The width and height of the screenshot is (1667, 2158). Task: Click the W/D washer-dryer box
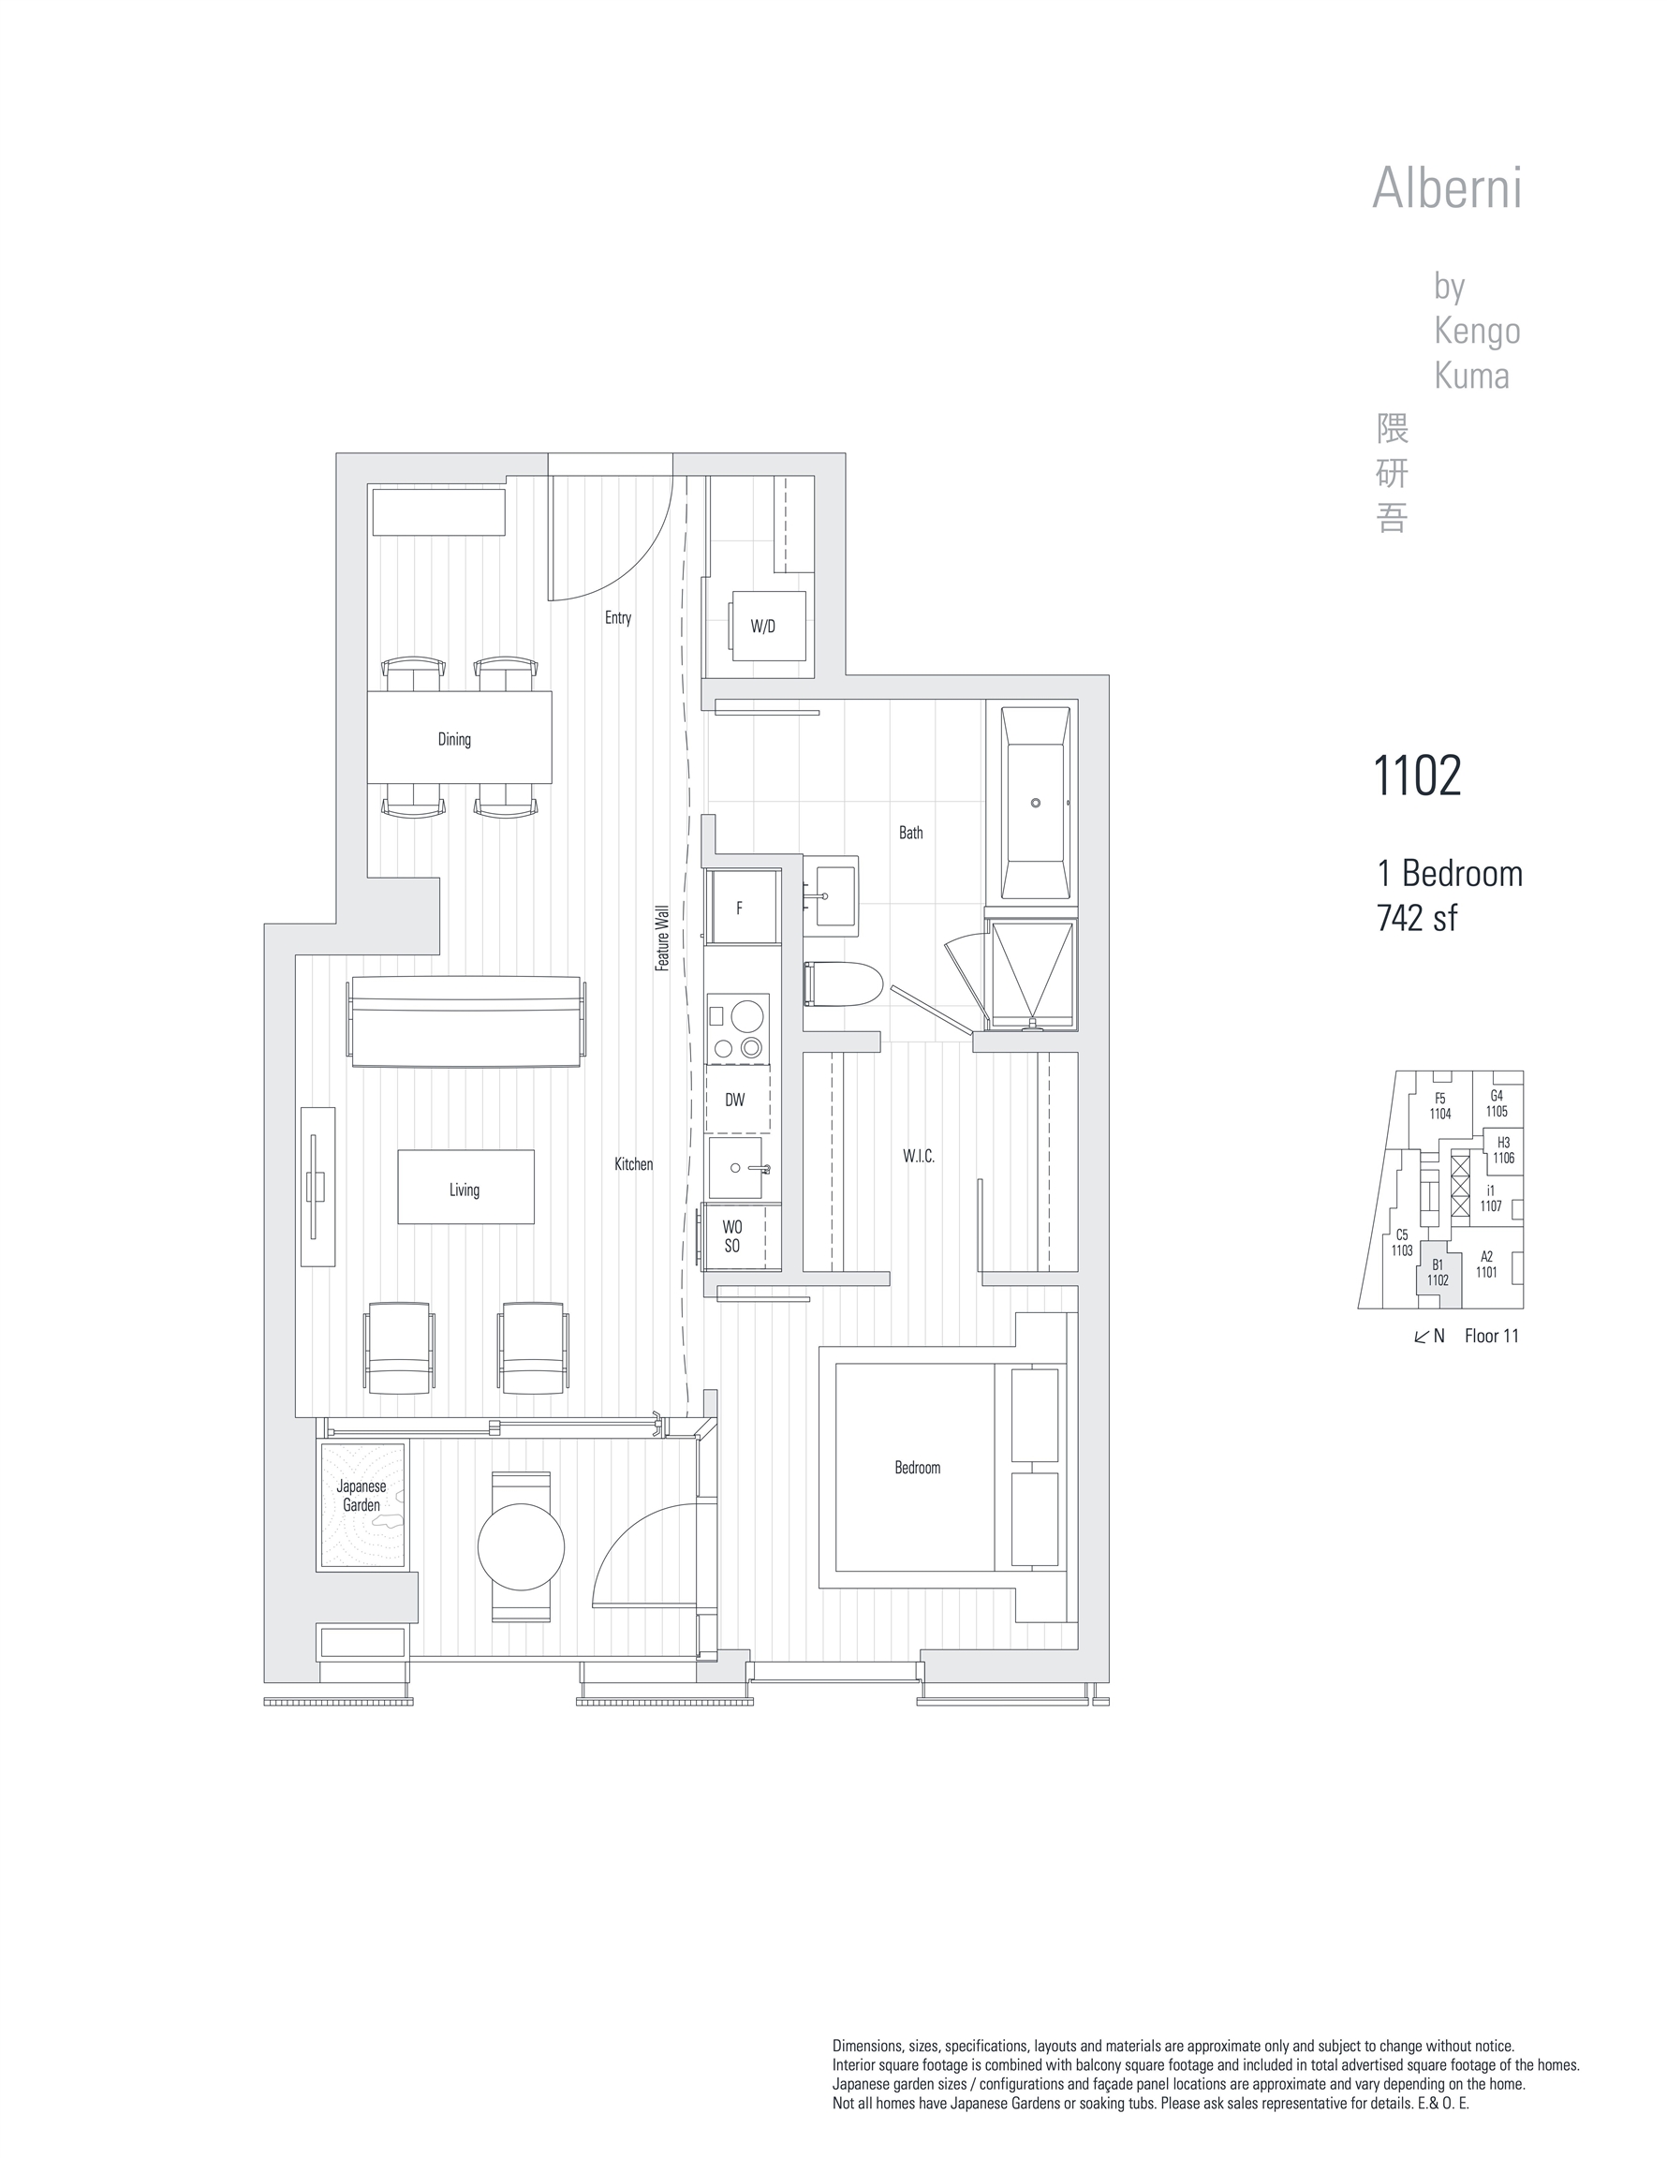[x=767, y=626]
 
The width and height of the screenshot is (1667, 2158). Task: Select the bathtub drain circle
[x=1036, y=804]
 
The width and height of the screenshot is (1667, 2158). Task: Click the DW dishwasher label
[x=735, y=1100]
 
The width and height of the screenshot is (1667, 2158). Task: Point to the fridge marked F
[x=740, y=908]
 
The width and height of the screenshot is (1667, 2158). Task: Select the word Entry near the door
[x=617, y=617]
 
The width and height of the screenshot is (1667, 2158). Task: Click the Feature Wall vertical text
[x=663, y=938]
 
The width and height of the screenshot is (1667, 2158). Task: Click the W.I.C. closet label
[x=918, y=1156]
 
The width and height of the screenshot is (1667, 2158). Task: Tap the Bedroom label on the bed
[x=917, y=1468]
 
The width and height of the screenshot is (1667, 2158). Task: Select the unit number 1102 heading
[x=1417, y=776]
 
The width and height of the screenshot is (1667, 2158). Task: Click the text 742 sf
[x=1416, y=918]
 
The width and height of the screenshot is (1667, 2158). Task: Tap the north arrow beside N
[x=1422, y=1337]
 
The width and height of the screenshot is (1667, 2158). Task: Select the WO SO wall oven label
[x=732, y=1236]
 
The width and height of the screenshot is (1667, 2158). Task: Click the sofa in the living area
[x=465, y=1022]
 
